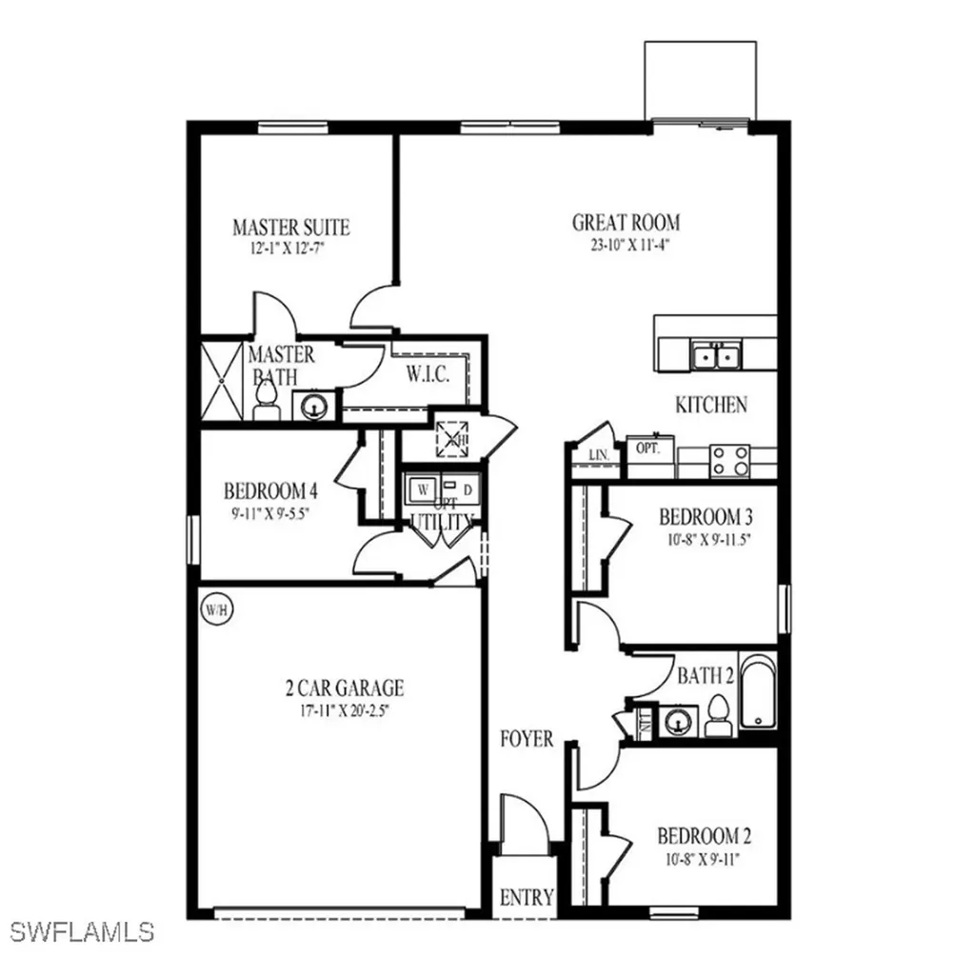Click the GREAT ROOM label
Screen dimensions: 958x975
(626, 223)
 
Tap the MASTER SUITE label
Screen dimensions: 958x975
(290, 228)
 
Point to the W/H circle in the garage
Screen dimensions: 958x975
(212, 607)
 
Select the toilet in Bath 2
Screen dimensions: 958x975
(719, 714)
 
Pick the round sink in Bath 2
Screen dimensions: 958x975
(678, 720)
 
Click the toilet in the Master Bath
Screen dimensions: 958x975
(266, 399)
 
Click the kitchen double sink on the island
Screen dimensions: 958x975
(717, 356)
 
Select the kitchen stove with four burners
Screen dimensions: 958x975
(730, 461)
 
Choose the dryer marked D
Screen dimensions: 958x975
(468, 489)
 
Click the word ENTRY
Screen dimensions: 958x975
(527, 897)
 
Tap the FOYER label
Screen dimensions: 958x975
(527, 739)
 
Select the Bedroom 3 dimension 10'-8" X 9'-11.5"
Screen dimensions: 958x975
(706, 539)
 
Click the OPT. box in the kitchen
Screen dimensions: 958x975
(648, 448)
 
